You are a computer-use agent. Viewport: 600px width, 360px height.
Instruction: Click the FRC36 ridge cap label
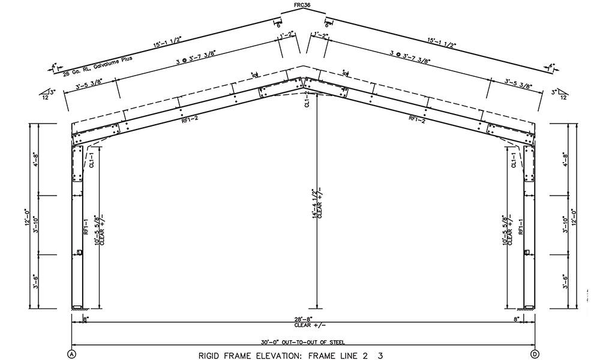(302, 5)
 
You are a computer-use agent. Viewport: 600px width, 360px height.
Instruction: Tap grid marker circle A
(72, 353)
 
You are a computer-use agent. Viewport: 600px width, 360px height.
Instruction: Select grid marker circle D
(535, 353)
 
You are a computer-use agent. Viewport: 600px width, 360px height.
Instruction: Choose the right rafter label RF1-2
(417, 119)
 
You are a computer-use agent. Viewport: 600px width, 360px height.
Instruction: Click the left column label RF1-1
(86, 226)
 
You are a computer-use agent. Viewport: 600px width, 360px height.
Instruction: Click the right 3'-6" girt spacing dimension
(565, 281)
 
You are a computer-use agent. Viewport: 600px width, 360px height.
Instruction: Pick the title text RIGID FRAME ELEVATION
(250, 355)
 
